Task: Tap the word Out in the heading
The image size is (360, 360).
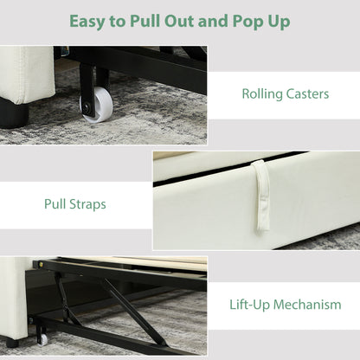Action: point(179,21)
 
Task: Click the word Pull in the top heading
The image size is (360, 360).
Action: point(145,21)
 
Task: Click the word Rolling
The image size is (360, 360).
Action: point(262,94)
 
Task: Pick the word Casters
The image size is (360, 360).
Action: point(307,94)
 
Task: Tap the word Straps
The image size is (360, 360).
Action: point(87,205)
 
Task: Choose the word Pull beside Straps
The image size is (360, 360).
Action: point(55,203)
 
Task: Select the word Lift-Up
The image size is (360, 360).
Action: point(249,305)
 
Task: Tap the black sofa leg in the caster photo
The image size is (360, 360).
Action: point(14,114)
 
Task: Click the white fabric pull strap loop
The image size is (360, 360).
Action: point(262,196)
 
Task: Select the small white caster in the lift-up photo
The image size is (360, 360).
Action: point(43,340)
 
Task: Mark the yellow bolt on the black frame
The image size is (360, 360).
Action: point(43,263)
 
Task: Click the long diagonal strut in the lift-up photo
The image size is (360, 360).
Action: point(134,312)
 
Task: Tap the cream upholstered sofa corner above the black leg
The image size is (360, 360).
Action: point(28,75)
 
